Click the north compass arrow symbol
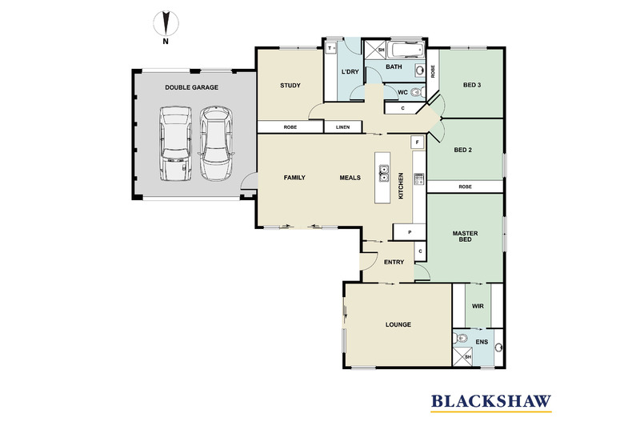166,23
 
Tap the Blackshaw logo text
491,401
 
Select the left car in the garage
175,143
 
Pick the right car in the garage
216,143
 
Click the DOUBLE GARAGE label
191,87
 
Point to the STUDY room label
290,86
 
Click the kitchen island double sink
383,174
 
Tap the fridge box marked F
417,142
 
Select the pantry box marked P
410,232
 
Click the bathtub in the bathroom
407,50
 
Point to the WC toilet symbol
417,93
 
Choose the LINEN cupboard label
342,127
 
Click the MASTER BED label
465,236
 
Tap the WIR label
478,306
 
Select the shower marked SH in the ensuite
463,356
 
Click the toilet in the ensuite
461,339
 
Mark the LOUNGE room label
398,324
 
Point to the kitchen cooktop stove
419,179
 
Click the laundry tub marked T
330,48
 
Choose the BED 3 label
472,85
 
